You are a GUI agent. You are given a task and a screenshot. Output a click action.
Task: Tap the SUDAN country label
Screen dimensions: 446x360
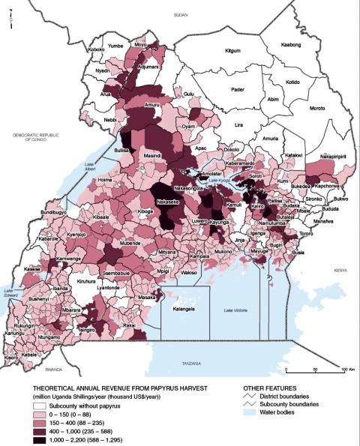[179, 14]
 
